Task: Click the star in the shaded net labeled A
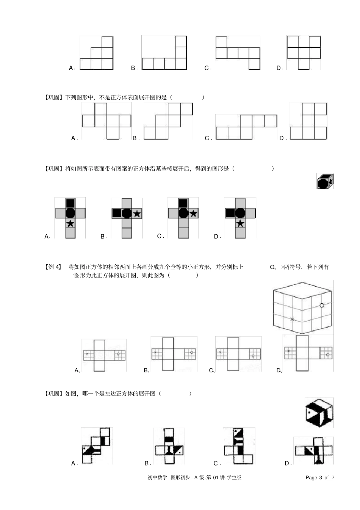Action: click(70, 223)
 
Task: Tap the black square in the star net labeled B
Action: click(117, 213)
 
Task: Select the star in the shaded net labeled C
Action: click(193, 213)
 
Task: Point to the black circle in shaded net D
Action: click(240, 213)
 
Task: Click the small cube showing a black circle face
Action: click(325, 181)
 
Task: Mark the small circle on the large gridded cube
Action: click(322, 305)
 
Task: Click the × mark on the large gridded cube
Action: click(292, 319)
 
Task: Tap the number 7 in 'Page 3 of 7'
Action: click(333, 477)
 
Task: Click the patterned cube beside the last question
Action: click(319, 412)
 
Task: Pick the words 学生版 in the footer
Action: click(235, 477)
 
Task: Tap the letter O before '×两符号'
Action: click(272, 267)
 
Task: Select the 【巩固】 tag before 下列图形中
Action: click(53, 97)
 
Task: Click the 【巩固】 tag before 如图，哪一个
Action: click(53, 394)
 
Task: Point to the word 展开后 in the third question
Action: click(183, 168)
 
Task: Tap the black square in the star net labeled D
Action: click(230, 213)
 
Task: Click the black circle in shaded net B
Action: click(127, 213)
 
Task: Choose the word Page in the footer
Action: click(311, 477)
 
